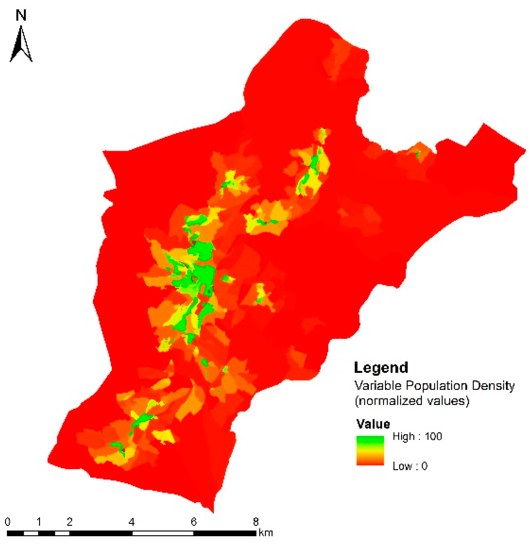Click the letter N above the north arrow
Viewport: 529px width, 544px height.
point(21,15)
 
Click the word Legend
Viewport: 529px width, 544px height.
point(381,368)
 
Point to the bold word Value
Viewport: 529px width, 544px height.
point(373,424)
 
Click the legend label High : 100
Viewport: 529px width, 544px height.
point(417,436)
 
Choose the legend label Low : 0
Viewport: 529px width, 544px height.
point(410,466)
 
